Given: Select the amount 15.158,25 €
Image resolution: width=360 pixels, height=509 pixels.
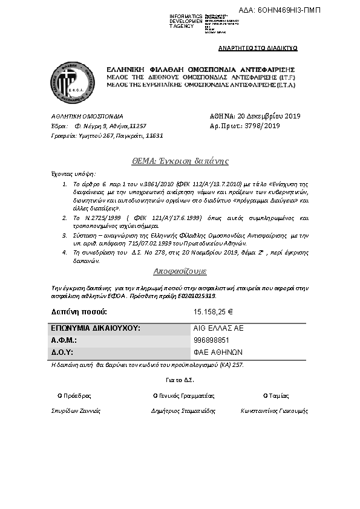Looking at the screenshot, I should point(214,312).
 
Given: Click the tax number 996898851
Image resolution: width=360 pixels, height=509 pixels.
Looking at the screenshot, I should point(211,340).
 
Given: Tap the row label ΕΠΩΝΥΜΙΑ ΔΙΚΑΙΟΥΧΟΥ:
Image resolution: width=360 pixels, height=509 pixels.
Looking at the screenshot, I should point(96,328).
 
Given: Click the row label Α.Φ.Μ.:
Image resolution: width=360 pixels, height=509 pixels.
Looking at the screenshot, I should point(64,340).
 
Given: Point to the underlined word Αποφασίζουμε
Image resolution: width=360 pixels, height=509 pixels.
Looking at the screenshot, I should point(180,272).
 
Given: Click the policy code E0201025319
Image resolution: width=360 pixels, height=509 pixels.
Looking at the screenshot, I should point(196,296).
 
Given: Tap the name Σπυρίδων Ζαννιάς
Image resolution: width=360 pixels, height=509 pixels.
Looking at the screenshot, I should point(76,410).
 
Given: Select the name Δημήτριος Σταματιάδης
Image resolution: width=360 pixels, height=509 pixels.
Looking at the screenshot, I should point(183,410).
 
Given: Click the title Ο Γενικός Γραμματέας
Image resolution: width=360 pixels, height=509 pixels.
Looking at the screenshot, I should point(184,396).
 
